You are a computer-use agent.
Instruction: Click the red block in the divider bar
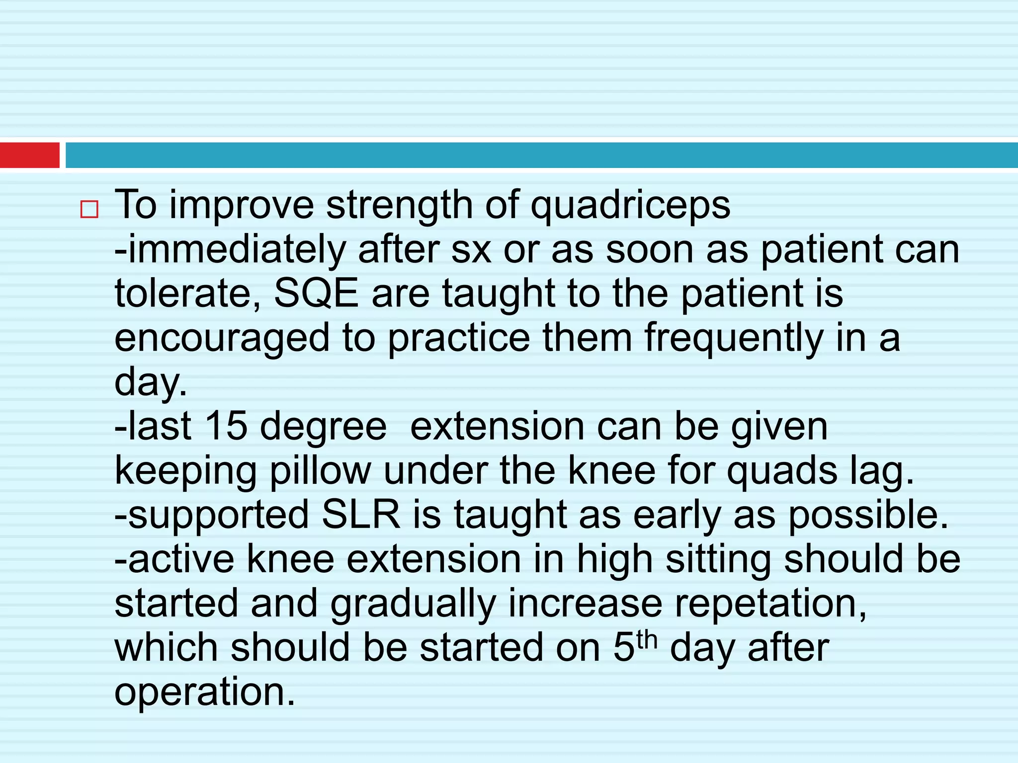[x=30, y=155]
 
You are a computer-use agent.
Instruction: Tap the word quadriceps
[x=630, y=206]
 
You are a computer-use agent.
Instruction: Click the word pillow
[x=320, y=470]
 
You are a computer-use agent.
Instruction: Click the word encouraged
[x=222, y=338]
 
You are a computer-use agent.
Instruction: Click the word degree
[x=323, y=427]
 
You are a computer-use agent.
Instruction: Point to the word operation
[x=205, y=692]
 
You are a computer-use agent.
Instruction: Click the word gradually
[x=413, y=604]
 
